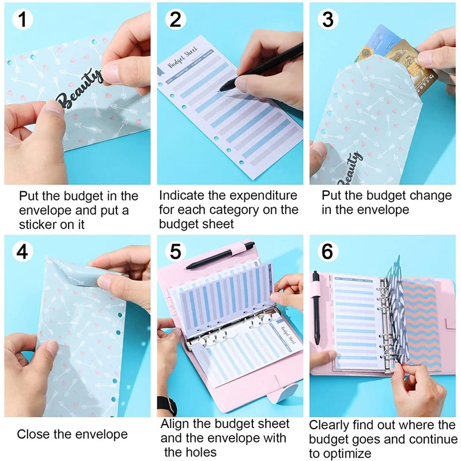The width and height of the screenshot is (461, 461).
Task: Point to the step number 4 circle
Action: [x=22, y=252]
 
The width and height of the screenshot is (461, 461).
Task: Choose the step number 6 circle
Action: [x=328, y=252]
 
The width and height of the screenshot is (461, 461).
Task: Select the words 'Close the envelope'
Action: [x=72, y=434]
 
